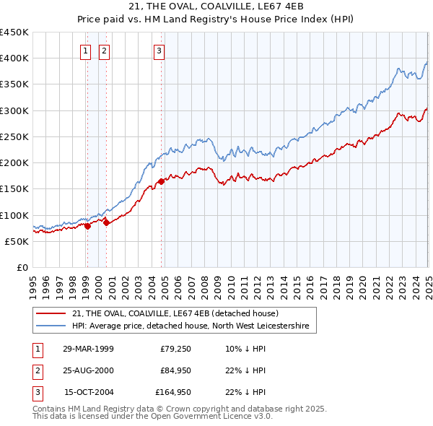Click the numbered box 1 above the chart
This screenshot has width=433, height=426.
pyautogui.click(x=86, y=51)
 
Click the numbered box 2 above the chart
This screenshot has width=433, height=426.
pyautogui.click(x=104, y=51)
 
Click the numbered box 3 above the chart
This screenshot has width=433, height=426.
pyautogui.click(x=159, y=51)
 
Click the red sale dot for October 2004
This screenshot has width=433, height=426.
pyautogui.click(x=161, y=181)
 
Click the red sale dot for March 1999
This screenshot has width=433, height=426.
pyautogui.click(x=87, y=226)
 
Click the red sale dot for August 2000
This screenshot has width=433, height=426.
pyautogui.click(x=105, y=223)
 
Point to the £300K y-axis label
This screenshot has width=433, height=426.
pyautogui.click(x=14, y=110)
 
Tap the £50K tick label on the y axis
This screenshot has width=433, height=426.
pyautogui.click(x=17, y=241)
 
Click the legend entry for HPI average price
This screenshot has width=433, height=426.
pyautogui.click(x=191, y=326)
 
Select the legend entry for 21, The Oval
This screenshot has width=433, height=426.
pyautogui.click(x=180, y=314)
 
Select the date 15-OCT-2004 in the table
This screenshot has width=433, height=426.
pyautogui.click(x=88, y=393)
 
